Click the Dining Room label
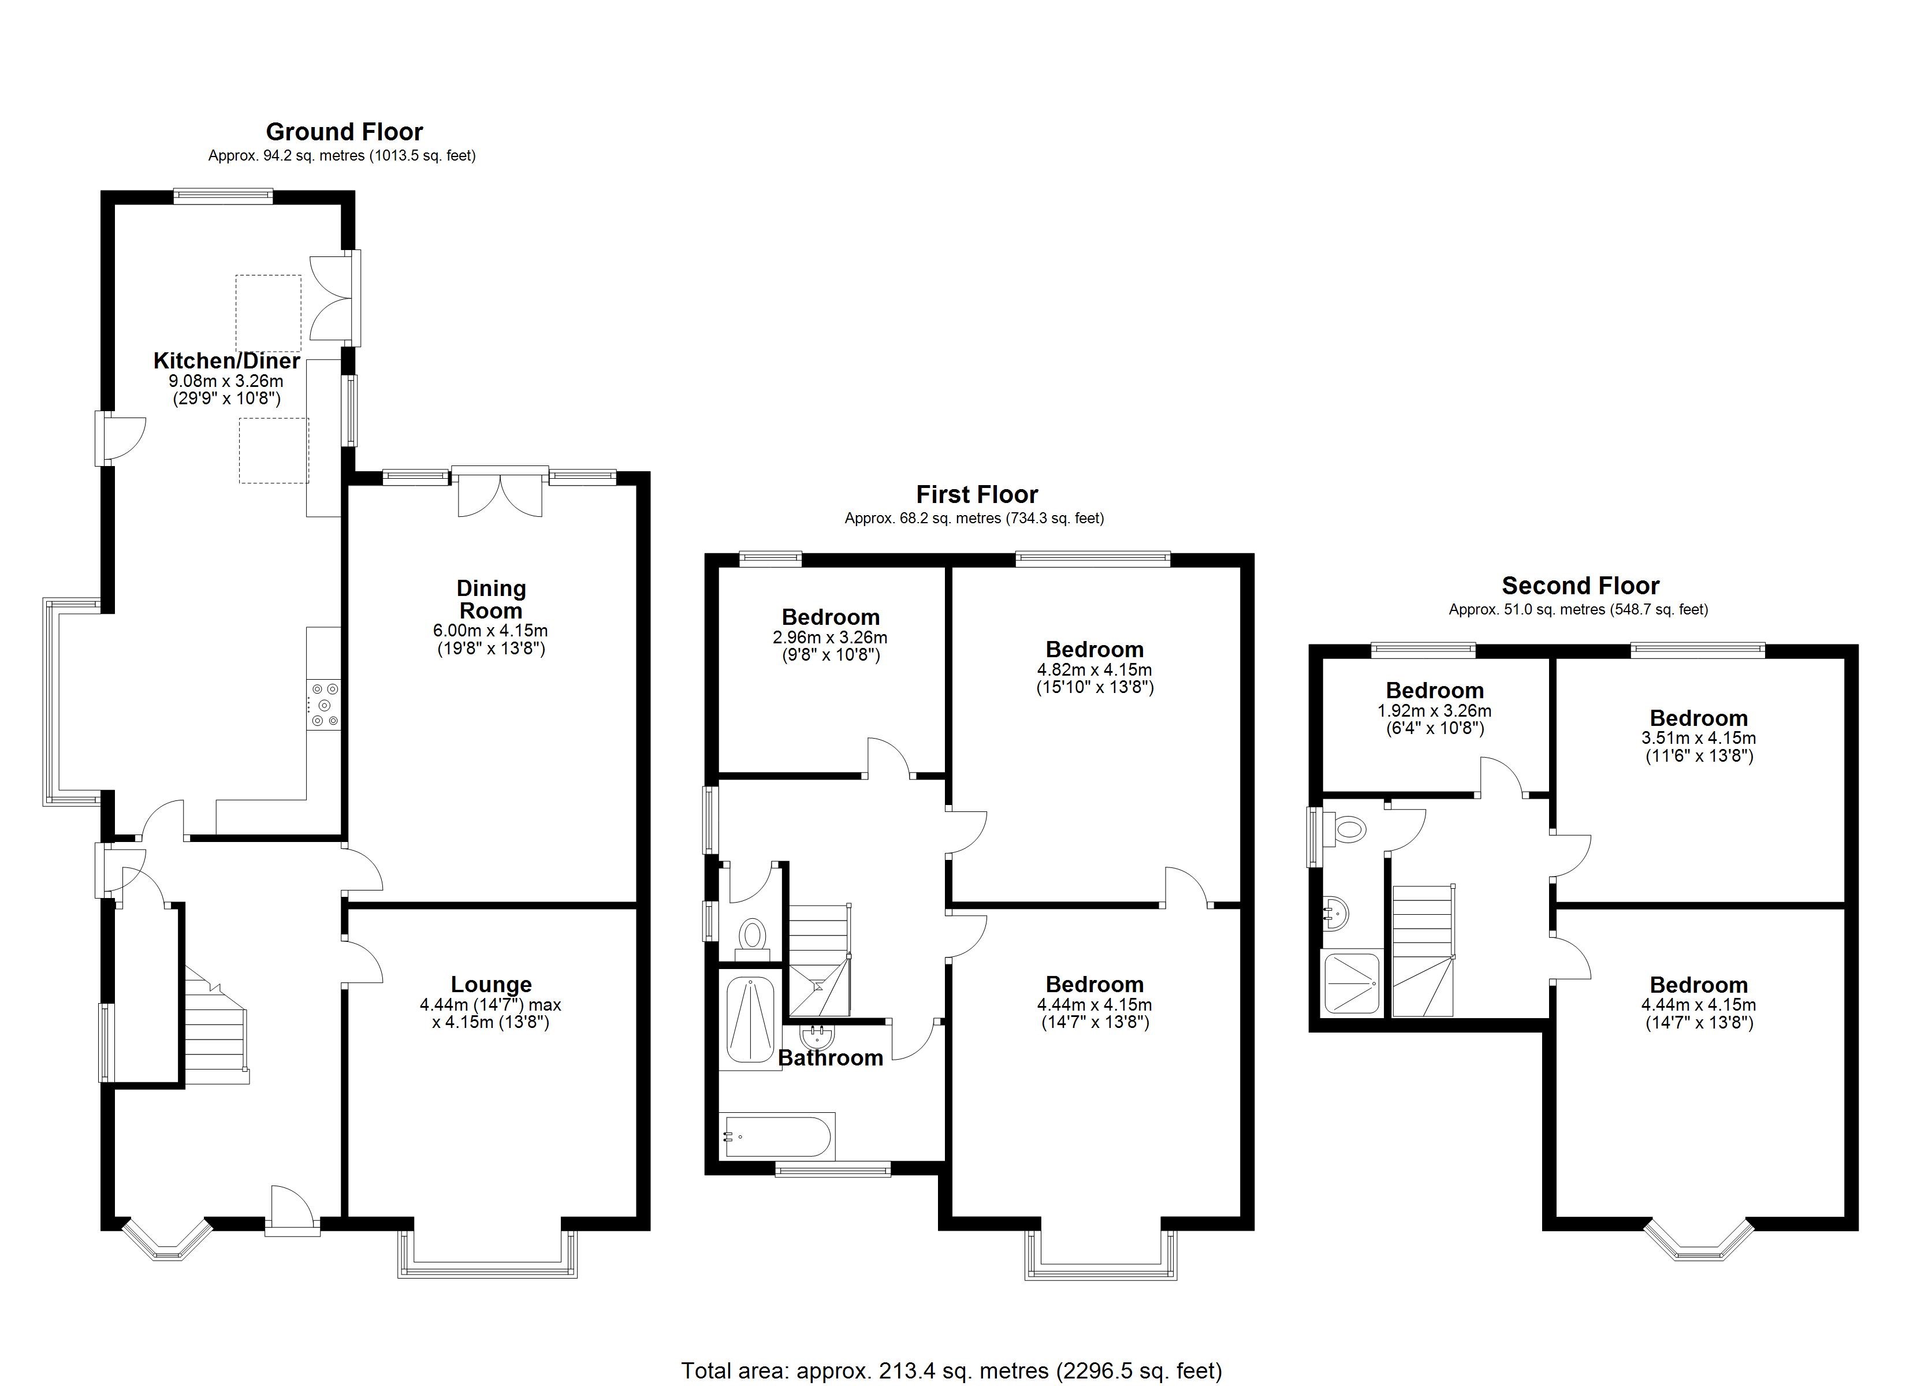491,599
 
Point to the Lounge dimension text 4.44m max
491,1004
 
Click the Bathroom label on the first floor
831,1057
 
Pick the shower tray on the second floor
1352,982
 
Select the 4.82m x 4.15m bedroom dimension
1094,670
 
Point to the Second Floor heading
1580,586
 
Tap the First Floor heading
977,494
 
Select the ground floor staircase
215,1034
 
